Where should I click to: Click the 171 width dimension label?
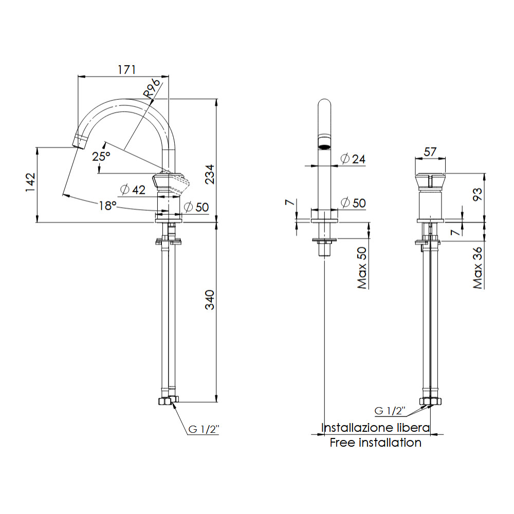pos(127,69)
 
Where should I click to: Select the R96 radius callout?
pos(152,88)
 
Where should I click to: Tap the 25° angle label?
pos(101,156)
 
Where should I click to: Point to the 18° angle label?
pos(108,206)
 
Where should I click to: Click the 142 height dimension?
pos(30,182)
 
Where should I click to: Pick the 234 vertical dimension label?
pos(210,174)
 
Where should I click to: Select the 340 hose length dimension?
pos(210,300)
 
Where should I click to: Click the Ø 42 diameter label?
pos(133,190)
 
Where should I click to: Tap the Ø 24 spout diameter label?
pos(353,159)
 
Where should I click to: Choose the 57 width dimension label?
pos(430,152)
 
